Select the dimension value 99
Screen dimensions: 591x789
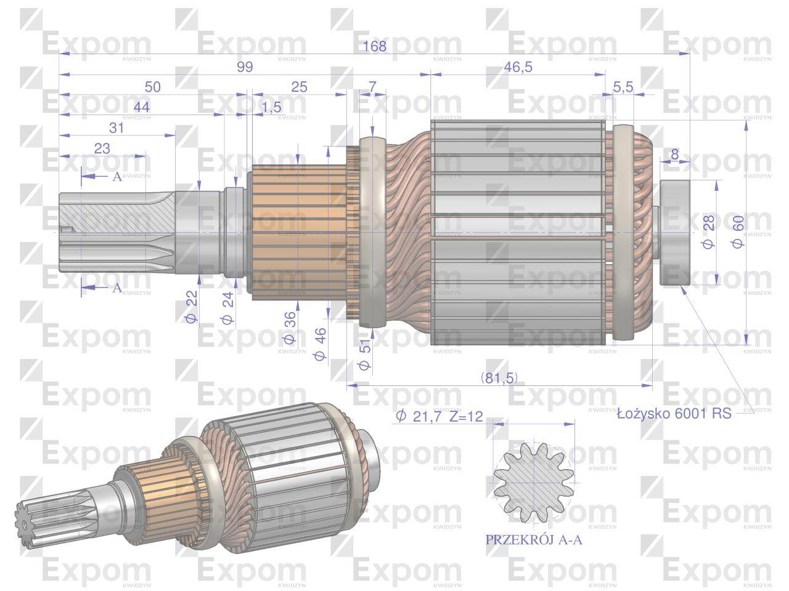(245, 67)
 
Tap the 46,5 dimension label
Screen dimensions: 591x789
(518, 67)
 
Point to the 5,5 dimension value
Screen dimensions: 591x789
(623, 87)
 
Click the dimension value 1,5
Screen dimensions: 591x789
(271, 107)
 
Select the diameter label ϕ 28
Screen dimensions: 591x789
(708, 235)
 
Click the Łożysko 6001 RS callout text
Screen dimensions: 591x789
(674, 414)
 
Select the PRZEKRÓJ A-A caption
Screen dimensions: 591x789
(534, 541)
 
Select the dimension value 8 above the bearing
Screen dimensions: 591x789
(674, 154)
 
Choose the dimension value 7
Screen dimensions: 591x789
(372, 87)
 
